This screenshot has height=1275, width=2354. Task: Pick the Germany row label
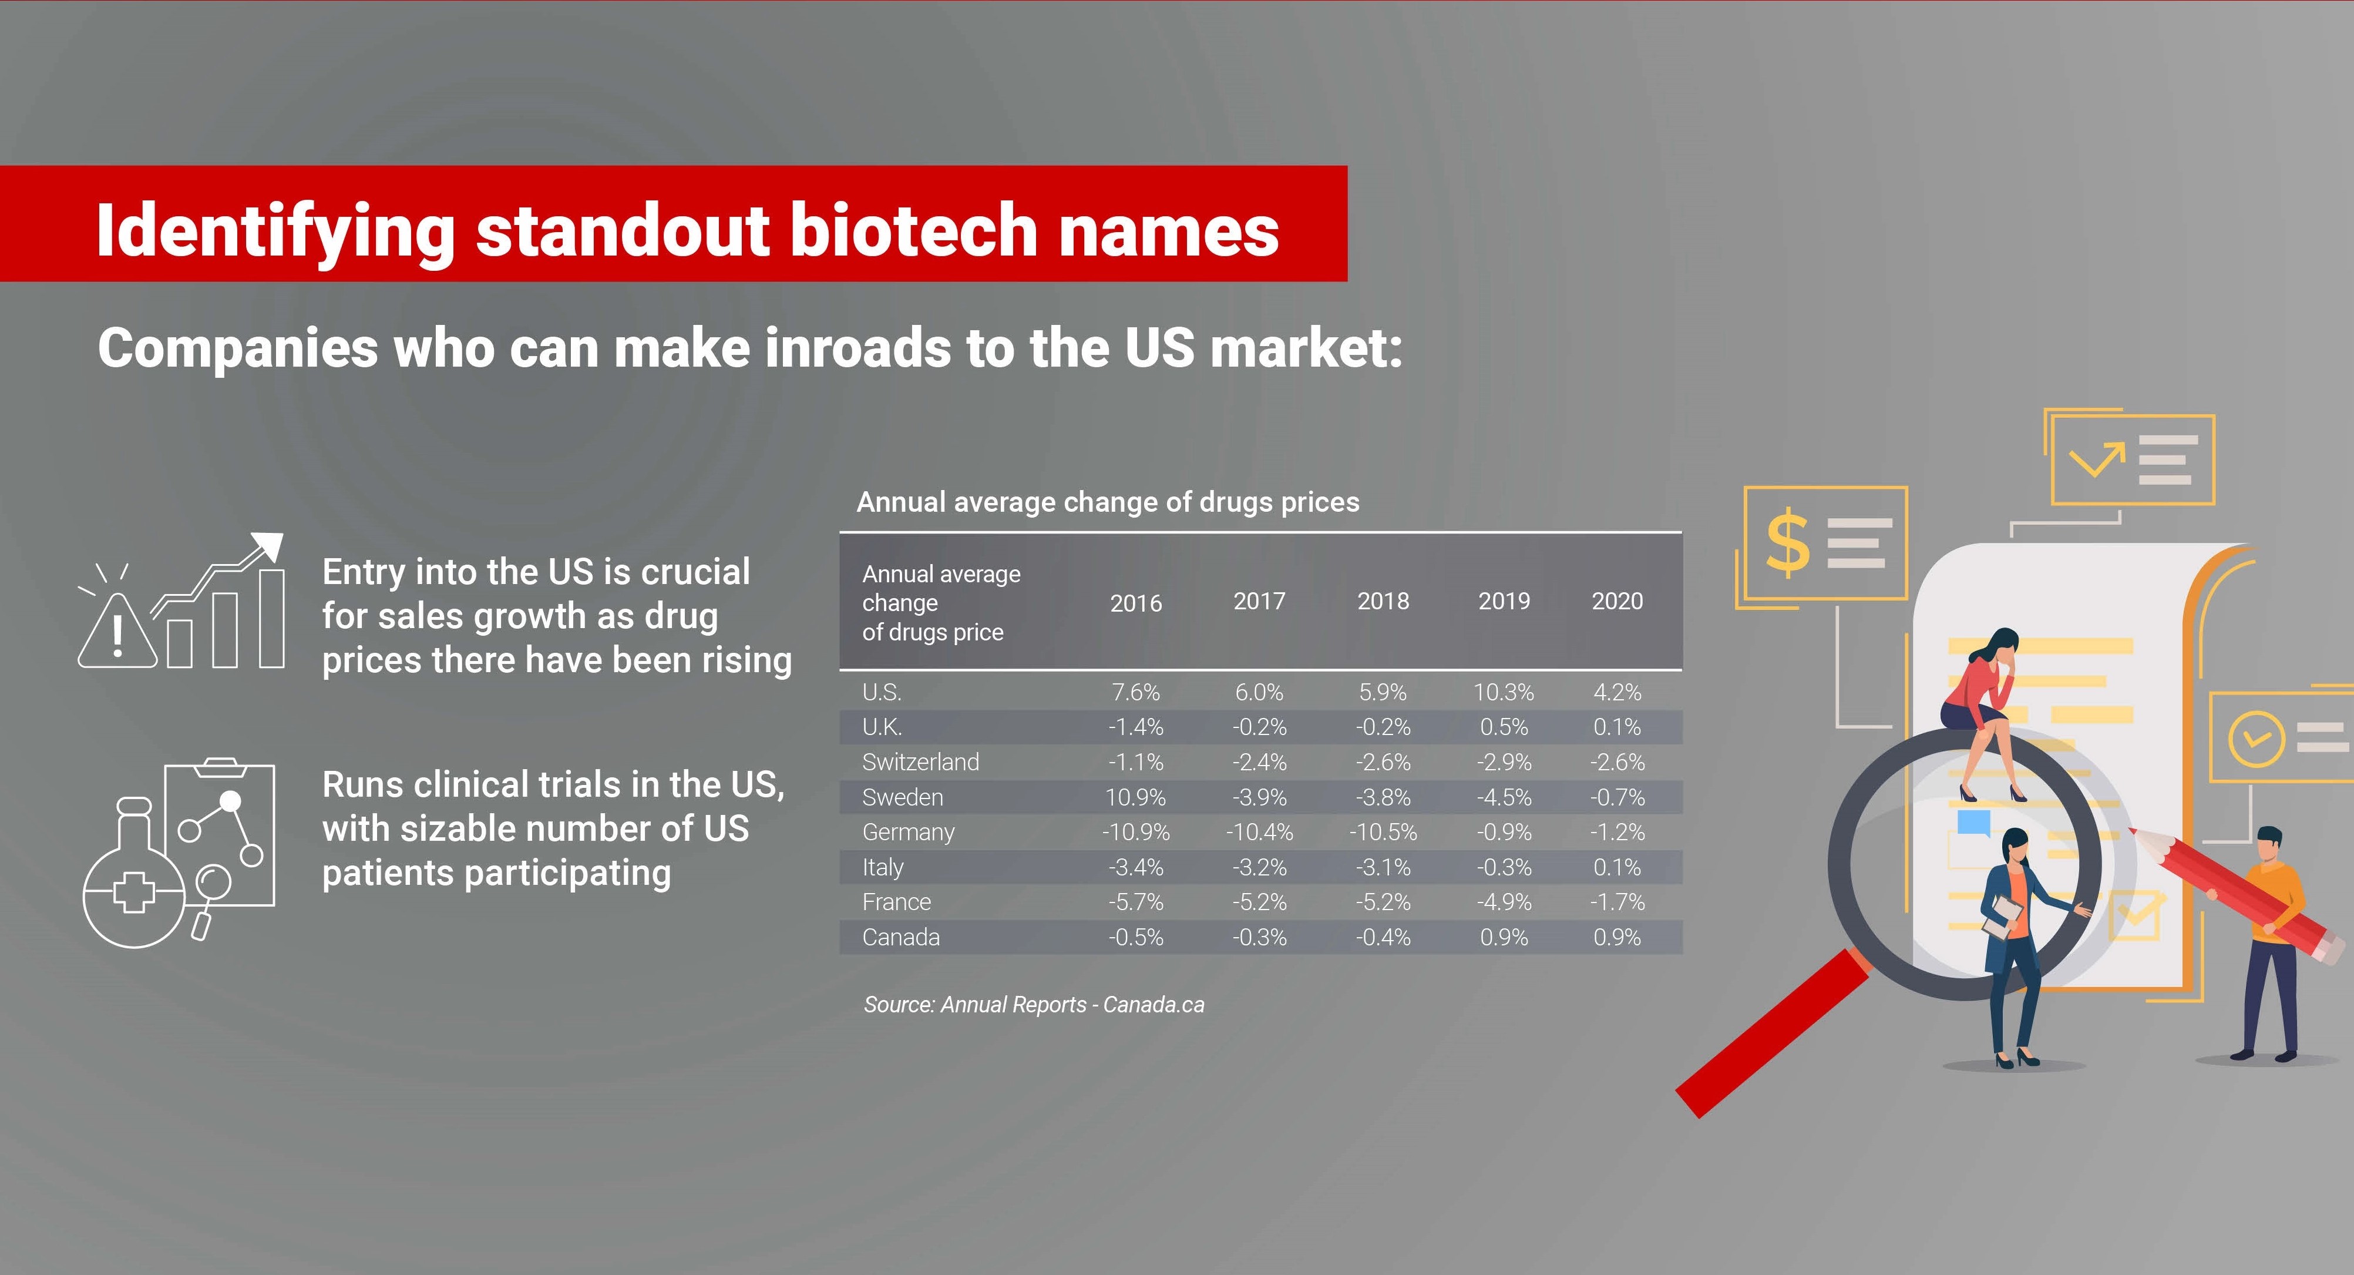pos(909,832)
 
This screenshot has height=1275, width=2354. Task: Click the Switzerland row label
pos(920,761)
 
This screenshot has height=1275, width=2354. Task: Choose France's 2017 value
pos(1259,902)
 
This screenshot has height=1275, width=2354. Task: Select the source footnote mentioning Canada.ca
pos(1034,1005)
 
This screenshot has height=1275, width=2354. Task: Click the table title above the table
pos(1108,502)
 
